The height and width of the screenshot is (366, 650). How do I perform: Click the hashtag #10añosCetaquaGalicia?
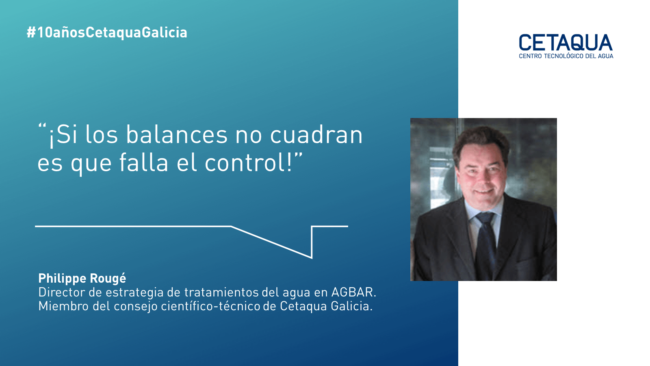(x=107, y=33)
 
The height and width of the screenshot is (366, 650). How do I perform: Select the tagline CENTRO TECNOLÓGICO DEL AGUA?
(x=566, y=56)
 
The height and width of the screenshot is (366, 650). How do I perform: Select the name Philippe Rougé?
(x=82, y=278)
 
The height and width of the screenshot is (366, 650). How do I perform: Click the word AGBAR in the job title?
(x=354, y=292)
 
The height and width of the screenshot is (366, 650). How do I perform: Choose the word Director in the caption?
(x=61, y=292)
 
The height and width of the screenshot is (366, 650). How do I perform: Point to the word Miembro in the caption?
(x=63, y=306)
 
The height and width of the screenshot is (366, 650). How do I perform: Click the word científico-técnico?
(x=211, y=306)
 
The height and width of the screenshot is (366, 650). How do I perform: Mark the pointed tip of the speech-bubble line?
(x=312, y=258)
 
